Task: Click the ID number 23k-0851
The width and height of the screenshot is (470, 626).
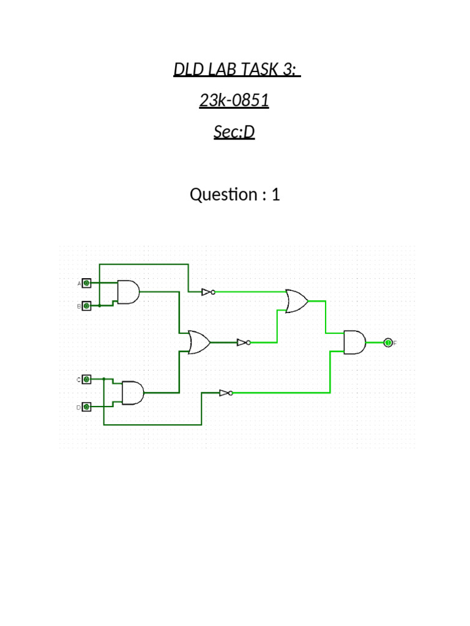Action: point(234,100)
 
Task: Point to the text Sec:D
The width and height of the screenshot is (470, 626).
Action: point(234,131)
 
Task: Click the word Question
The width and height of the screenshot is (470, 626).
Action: point(223,195)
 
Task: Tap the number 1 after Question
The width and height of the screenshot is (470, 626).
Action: point(275,195)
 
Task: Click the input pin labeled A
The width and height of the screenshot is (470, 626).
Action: point(87,283)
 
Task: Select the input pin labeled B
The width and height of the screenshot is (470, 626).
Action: point(87,306)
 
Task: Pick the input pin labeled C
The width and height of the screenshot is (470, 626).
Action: point(87,380)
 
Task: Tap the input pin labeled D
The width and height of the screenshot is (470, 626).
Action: point(87,407)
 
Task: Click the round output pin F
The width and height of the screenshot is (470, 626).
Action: point(387,343)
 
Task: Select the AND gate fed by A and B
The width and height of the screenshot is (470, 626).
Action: point(129,292)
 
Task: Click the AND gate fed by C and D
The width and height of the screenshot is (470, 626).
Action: point(133,392)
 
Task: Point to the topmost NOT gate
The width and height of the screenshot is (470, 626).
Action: point(208,292)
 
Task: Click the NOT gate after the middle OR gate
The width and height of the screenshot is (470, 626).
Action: point(244,342)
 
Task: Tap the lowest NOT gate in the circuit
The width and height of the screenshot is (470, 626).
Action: point(226,392)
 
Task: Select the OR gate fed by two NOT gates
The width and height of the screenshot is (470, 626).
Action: point(297,301)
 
